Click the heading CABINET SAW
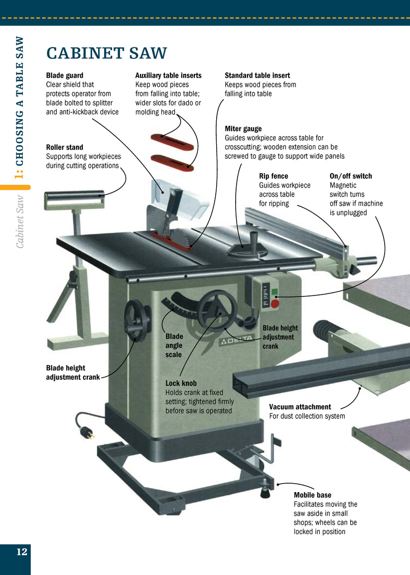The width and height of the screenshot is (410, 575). (x=106, y=53)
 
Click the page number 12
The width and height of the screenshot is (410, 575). (x=21, y=552)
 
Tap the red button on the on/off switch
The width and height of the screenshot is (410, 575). (x=275, y=302)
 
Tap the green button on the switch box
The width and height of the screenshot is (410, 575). (x=274, y=291)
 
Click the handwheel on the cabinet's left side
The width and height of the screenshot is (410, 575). (x=137, y=321)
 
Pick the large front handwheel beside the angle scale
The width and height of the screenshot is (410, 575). (x=217, y=311)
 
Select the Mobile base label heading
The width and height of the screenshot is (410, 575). (x=312, y=495)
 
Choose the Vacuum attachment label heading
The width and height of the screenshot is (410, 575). (x=300, y=407)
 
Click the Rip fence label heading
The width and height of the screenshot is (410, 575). (x=273, y=176)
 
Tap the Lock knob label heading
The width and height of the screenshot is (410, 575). (x=181, y=383)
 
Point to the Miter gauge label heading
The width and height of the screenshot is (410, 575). (x=243, y=129)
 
